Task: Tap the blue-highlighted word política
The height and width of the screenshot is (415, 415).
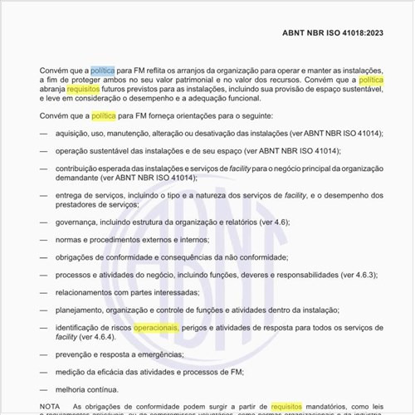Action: (103, 71)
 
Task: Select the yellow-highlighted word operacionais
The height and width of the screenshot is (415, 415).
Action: (156, 328)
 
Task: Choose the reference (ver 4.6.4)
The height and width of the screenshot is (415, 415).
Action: (101, 338)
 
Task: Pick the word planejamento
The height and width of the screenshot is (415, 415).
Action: (83, 310)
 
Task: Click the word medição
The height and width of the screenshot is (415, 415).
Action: (71, 372)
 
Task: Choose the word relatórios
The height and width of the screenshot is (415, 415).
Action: (261, 222)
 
